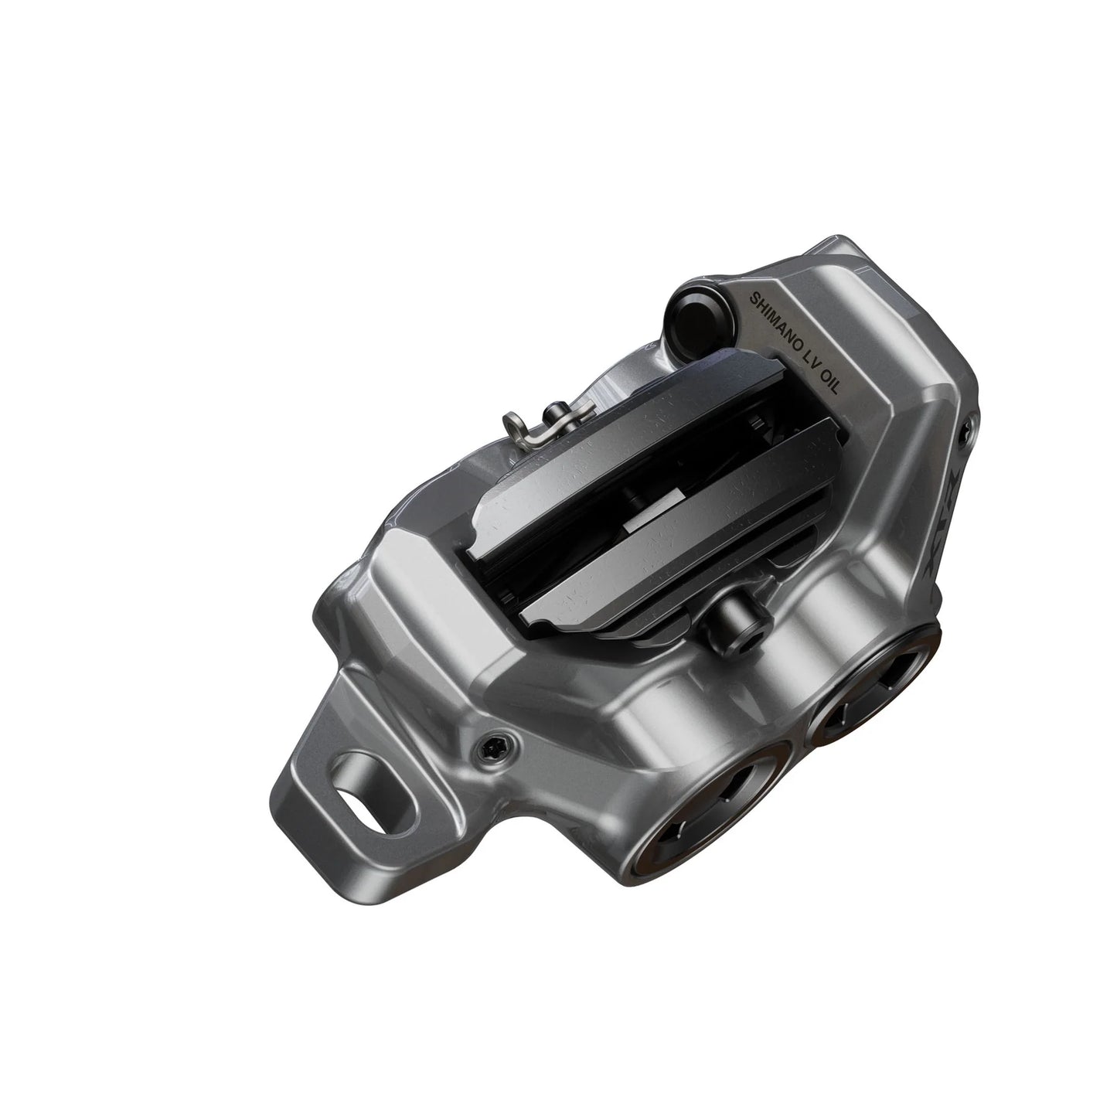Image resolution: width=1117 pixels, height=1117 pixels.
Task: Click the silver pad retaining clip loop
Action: pyautogui.click(x=515, y=425)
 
